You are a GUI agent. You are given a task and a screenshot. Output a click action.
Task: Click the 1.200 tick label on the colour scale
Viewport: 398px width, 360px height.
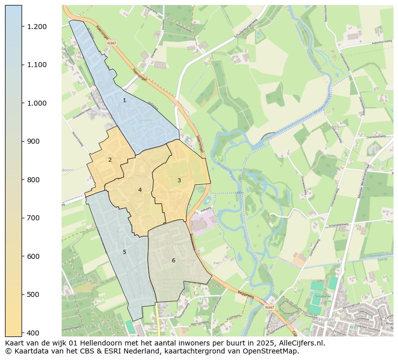coord(37,27)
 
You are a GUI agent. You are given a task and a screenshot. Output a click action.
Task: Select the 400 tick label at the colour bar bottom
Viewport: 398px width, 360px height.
coord(34,332)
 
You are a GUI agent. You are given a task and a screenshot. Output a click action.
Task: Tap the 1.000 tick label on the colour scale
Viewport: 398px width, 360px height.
coord(37,103)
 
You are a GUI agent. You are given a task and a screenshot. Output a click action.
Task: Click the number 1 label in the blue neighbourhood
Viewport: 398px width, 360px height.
coord(124,101)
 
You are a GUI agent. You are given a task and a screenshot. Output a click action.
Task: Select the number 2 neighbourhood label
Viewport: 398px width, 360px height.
coord(110,160)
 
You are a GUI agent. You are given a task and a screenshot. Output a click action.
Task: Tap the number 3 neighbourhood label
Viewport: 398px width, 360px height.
coord(178,180)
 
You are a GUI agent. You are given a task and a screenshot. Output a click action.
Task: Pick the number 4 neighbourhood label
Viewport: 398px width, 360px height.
coord(140,190)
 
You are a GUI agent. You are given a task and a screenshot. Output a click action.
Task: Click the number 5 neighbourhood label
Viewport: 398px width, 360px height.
coord(124,252)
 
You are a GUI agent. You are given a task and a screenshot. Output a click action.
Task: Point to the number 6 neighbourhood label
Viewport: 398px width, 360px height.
coord(173,260)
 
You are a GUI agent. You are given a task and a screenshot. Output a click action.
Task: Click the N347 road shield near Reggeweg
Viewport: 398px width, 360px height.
coord(269,307)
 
